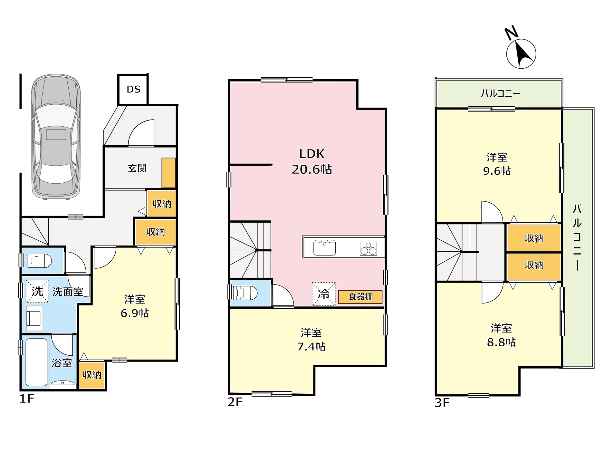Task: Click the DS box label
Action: click(x=133, y=89)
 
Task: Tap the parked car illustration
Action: click(x=56, y=137)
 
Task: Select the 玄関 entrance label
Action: click(x=137, y=168)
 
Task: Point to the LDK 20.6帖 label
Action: click(x=312, y=161)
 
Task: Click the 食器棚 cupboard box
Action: click(x=360, y=297)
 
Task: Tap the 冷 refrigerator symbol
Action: click(x=323, y=294)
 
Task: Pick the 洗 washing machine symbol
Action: click(x=37, y=291)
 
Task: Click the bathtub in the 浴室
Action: click(x=36, y=362)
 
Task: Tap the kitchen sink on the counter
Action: click(x=324, y=247)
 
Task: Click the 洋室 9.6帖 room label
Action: click(x=497, y=164)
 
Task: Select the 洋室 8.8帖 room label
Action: click(x=501, y=335)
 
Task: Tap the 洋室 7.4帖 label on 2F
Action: click(x=311, y=339)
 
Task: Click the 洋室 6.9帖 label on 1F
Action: click(x=135, y=306)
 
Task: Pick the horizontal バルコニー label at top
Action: click(x=500, y=93)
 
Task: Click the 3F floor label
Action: click(x=442, y=403)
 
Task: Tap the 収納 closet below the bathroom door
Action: click(x=92, y=375)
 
